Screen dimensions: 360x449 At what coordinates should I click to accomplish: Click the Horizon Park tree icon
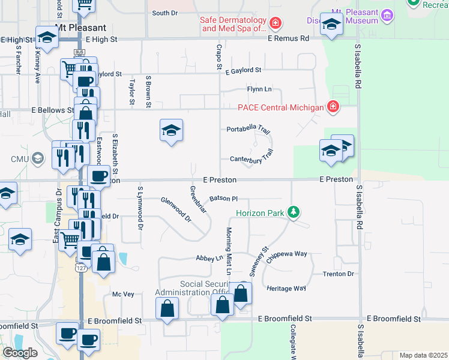pyautogui.click(x=293, y=212)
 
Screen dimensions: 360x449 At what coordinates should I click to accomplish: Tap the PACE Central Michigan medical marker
pyautogui.click(x=333, y=107)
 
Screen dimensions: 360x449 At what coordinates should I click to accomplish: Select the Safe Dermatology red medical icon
pyautogui.click(x=275, y=24)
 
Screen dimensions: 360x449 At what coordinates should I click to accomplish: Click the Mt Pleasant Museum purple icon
pyautogui.click(x=387, y=14)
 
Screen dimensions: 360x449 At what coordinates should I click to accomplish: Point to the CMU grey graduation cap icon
pyautogui.click(x=38, y=158)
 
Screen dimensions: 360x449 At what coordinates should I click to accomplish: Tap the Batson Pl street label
pyautogui.click(x=224, y=199)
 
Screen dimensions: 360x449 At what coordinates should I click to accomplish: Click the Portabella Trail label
pyautogui.click(x=249, y=129)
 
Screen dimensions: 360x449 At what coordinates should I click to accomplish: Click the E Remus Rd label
pyautogui.click(x=288, y=38)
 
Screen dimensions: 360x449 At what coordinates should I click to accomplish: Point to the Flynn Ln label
pyautogui.click(x=259, y=89)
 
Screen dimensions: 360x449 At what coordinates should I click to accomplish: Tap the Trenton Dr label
pyautogui.click(x=339, y=274)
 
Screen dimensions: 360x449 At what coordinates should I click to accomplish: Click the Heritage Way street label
pyautogui.click(x=286, y=289)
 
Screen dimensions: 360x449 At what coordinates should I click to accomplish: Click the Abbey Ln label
pyautogui.click(x=209, y=258)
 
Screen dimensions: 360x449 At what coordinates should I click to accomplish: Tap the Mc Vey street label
pyautogui.click(x=123, y=294)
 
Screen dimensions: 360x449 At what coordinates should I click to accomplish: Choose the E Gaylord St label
pyautogui.click(x=243, y=70)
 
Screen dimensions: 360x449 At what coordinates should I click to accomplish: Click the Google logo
pyautogui.click(x=20, y=353)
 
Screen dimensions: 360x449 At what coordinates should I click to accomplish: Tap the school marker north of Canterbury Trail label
pyautogui.click(x=171, y=130)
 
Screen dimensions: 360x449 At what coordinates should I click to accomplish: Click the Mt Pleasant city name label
pyautogui.click(x=80, y=28)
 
